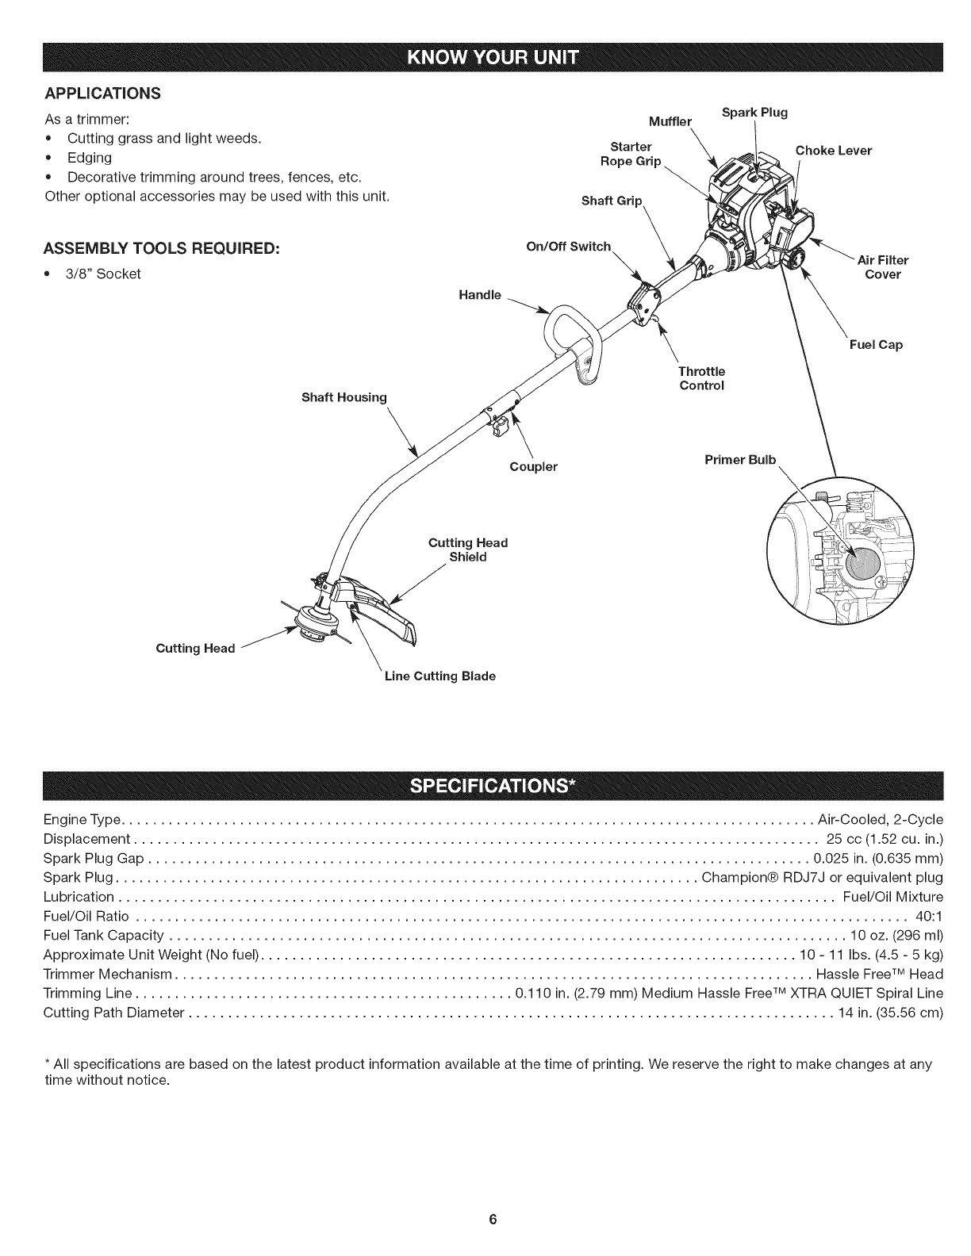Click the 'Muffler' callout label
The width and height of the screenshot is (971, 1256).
pyautogui.click(x=670, y=122)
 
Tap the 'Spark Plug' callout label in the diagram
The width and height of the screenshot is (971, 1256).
pyautogui.click(x=754, y=112)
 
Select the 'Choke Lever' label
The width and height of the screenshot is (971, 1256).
pyautogui.click(x=833, y=151)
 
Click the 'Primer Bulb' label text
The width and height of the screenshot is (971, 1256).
pyautogui.click(x=740, y=460)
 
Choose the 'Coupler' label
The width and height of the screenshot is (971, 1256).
pyautogui.click(x=533, y=467)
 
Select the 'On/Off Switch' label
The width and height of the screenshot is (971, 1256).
pyautogui.click(x=569, y=246)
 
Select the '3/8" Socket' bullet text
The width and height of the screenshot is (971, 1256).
pyautogui.click(x=103, y=274)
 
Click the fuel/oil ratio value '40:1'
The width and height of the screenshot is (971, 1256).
pyautogui.click(x=929, y=917)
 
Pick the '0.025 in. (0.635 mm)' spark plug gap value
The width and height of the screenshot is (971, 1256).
pyautogui.click(x=878, y=859)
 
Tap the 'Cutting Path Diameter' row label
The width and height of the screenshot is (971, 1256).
pyautogui.click(x=113, y=1013)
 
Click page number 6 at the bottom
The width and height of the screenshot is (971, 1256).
pyautogui.click(x=492, y=1219)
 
